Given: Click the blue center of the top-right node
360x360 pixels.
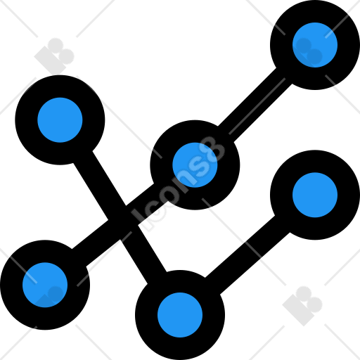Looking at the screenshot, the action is (x=315, y=45).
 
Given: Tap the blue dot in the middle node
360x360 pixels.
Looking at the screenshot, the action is (x=195, y=165).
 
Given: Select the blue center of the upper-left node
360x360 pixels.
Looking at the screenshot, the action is (x=60, y=120).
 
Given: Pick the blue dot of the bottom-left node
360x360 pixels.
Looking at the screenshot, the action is (x=45, y=285).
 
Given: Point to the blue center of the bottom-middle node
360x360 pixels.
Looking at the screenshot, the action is (x=180, y=315).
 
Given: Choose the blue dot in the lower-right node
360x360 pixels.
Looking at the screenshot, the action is (x=315, y=195).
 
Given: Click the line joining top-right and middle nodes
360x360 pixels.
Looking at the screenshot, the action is (x=255, y=105).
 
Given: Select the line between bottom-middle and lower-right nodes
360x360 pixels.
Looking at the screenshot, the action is (x=247, y=255).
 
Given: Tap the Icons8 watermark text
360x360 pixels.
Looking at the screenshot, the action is (x=178, y=183).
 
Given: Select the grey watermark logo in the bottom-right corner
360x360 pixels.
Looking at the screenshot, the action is (x=302, y=306).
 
